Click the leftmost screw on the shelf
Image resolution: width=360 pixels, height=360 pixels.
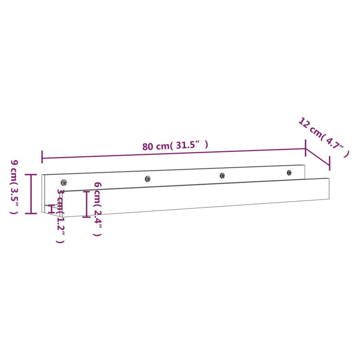point(64,182)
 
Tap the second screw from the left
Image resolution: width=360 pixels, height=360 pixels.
point(148,179)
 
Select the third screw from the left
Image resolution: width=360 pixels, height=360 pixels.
point(222,175)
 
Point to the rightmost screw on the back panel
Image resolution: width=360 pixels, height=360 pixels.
point(289,172)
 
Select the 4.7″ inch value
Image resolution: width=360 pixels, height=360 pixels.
point(336,146)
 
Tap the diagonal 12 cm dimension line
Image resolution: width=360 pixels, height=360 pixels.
point(318,158)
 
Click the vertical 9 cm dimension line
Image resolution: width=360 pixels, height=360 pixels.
point(32,193)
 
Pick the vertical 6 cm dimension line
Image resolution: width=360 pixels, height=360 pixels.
point(86,204)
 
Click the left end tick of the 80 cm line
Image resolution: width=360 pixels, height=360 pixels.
point(42,157)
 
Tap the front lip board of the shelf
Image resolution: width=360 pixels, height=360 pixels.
point(206,196)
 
